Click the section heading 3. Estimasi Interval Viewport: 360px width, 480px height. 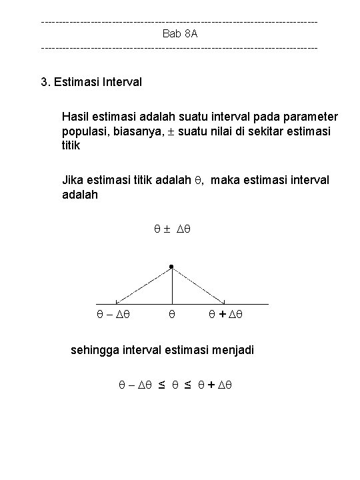tap(91, 82)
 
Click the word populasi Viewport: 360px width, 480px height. tap(83, 131)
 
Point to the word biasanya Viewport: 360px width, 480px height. tap(138, 131)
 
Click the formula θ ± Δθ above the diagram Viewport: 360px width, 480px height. tap(172, 229)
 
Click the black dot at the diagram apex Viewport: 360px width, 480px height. tap(171, 267)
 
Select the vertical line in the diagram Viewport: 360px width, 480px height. tap(172, 287)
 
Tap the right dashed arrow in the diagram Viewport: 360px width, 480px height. tap(199, 286)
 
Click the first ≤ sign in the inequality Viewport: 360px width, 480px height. tap(161, 385)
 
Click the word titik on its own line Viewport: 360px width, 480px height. tap(69, 145)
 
